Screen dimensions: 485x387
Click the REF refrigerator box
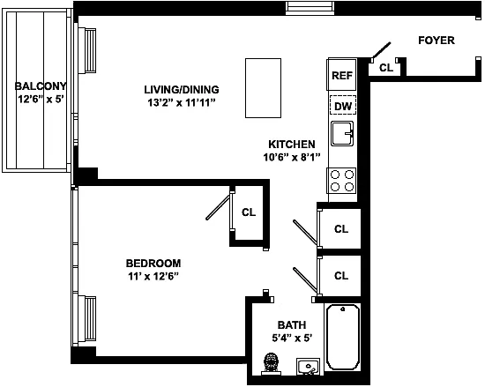coord(342,74)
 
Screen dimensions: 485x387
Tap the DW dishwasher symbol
coord(343,106)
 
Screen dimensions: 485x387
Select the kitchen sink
coord(342,133)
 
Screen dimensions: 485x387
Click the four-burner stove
coord(342,181)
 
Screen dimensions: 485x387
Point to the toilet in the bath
coord(272,364)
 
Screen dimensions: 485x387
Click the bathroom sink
coord(308,367)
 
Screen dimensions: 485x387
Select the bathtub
coord(343,337)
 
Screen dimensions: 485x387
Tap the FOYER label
coord(436,41)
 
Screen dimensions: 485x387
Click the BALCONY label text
coord(41,86)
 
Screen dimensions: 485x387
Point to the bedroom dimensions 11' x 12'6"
coord(153,276)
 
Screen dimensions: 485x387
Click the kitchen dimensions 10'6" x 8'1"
coord(291,157)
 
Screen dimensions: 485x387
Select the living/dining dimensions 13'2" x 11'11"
coord(182,102)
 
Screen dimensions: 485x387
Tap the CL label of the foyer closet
coord(386,68)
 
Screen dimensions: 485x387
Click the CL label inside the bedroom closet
coord(249,212)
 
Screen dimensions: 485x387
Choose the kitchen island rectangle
coord(264,88)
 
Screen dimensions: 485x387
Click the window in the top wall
coord(310,8)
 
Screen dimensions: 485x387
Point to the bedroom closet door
coord(219,206)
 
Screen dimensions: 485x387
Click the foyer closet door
coord(381,50)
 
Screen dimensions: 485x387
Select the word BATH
coord(292,325)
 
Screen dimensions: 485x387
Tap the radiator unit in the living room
coord(87,51)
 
